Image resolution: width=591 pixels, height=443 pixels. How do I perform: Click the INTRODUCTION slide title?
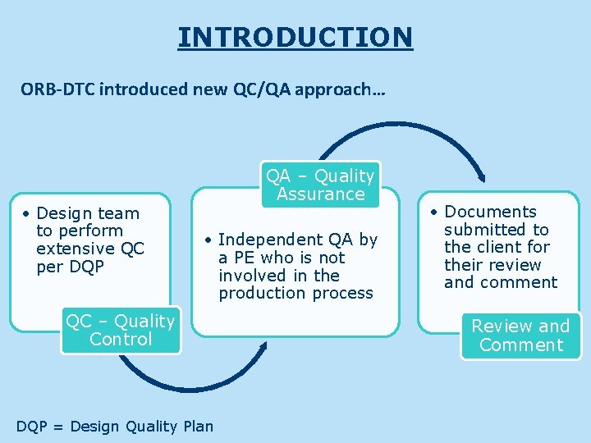pyautogui.click(x=295, y=37)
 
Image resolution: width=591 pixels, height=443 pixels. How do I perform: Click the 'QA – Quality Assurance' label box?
pyautogui.click(x=321, y=185)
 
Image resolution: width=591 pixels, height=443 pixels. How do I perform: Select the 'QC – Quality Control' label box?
pyautogui.click(x=121, y=331)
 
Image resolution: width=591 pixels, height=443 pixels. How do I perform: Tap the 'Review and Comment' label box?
pyautogui.click(x=520, y=336)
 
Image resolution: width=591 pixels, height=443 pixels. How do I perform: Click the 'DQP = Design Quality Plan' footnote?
pyautogui.click(x=115, y=426)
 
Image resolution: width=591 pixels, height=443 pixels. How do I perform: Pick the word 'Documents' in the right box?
pyautogui.click(x=490, y=212)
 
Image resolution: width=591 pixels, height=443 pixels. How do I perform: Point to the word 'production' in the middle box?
pyautogui.click(x=255, y=293)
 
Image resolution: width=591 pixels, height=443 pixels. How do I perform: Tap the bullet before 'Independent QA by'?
pyautogui.click(x=209, y=240)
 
